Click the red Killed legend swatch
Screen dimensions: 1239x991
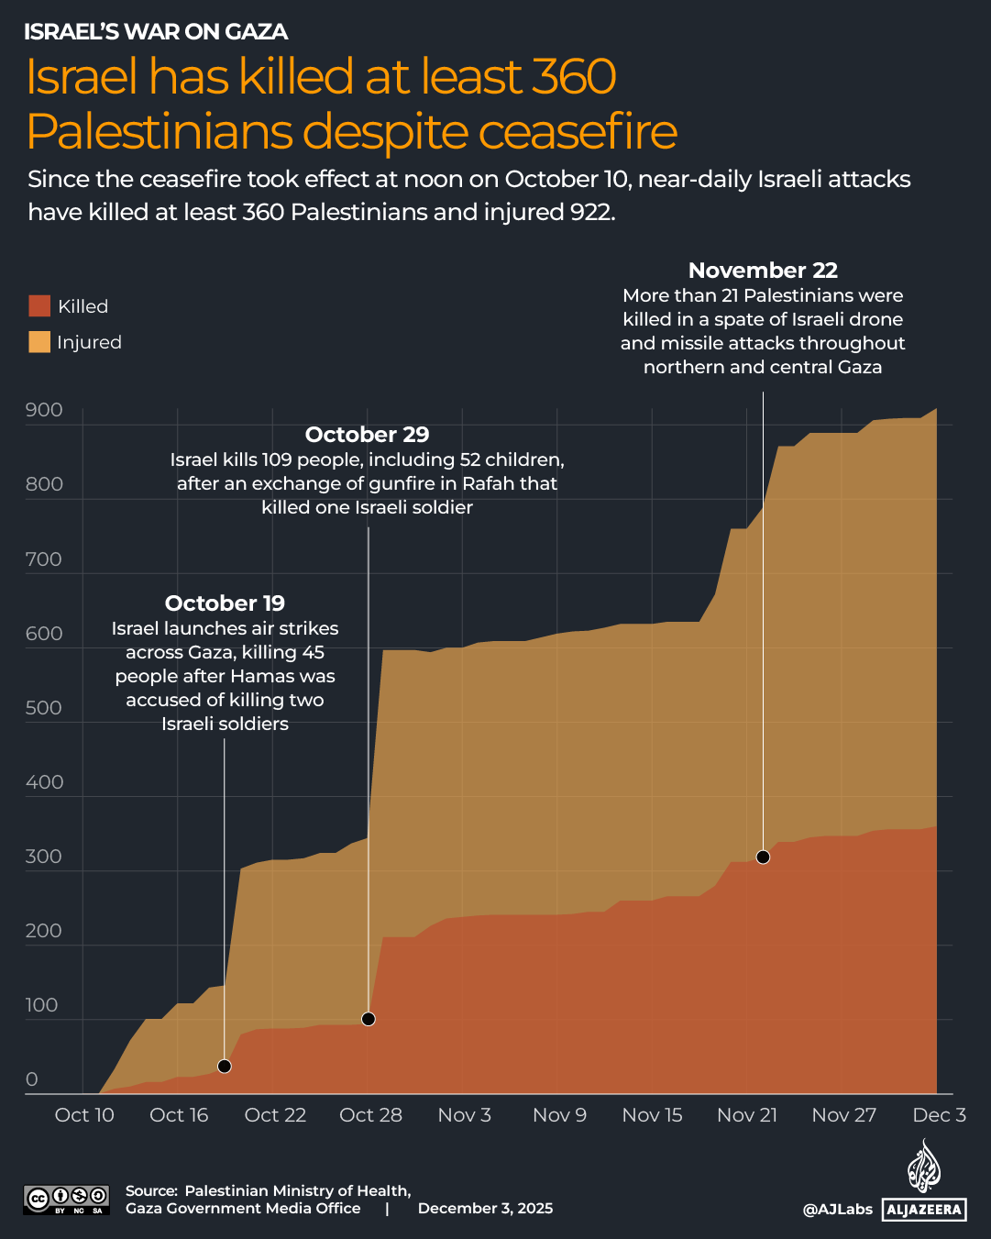(39, 306)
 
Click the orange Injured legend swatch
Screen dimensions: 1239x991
(39, 342)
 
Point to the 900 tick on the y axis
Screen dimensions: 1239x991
(44, 410)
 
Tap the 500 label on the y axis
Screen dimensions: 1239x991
(44, 708)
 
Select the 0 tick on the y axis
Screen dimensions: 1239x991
(32, 1079)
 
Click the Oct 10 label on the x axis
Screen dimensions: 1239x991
(84, 1115)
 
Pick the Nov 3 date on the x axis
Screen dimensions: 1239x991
(464, 1115)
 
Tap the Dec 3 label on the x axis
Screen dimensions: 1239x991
(939, 1115)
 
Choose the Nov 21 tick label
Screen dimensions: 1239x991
(747, 1115)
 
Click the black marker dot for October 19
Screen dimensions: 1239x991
(225, 1066)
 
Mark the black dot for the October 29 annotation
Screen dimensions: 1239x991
(369, 1019)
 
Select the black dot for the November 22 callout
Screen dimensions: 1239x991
(763, 857)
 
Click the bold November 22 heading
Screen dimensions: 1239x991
(763, 271)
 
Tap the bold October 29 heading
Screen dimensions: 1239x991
(367, 435)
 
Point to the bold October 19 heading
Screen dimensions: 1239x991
(225, 603)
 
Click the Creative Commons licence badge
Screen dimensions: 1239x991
(66, 1200)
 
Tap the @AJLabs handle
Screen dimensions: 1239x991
(837, 1210)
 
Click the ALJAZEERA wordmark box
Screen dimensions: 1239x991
(924, 1210)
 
